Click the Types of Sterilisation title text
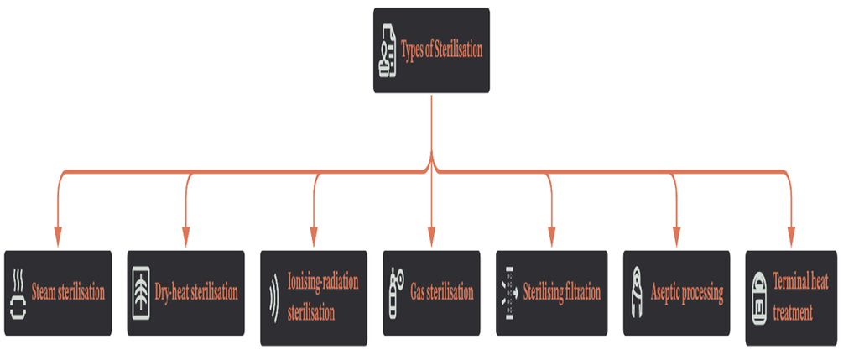pyautogui.click(x=441, y=50)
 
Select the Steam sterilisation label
pyautogui.click(x=68, y=292)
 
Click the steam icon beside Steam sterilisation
pyautogui.click(x=18, y=293)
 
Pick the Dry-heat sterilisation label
pyautogui.click(x=196, y=292)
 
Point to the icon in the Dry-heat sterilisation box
pyautogui.click(x=141, y=293)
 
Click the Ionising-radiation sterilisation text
pyautogui.click(x=323, y=298)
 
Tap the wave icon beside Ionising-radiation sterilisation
pyautogui.click(x=274, y=298)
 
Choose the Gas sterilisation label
pyautogui.click(x=441, y=292)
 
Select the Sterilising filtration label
pyautogui.click(x=561, y=291)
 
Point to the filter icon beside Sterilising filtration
pyautogui.click(x=509, y=293)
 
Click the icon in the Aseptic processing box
pyautogui.click(x=637, y=293)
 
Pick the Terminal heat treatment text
pyautogui.click(x=800, y=298)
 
